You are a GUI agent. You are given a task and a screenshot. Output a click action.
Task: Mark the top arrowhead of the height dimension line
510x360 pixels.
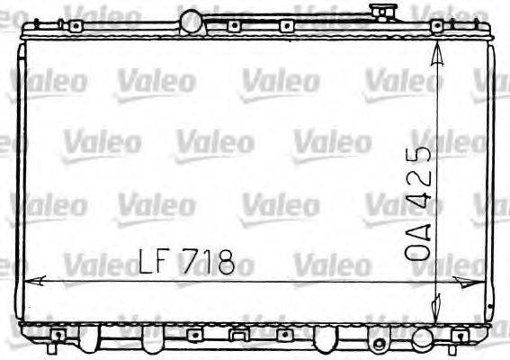pos(437,54)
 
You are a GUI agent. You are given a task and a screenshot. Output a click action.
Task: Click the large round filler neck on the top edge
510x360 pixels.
pos(192,19)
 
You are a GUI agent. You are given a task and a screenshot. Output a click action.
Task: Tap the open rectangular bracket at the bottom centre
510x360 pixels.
pos(237,337)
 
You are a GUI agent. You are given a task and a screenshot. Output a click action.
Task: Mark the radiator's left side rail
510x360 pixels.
pos(20,180)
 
